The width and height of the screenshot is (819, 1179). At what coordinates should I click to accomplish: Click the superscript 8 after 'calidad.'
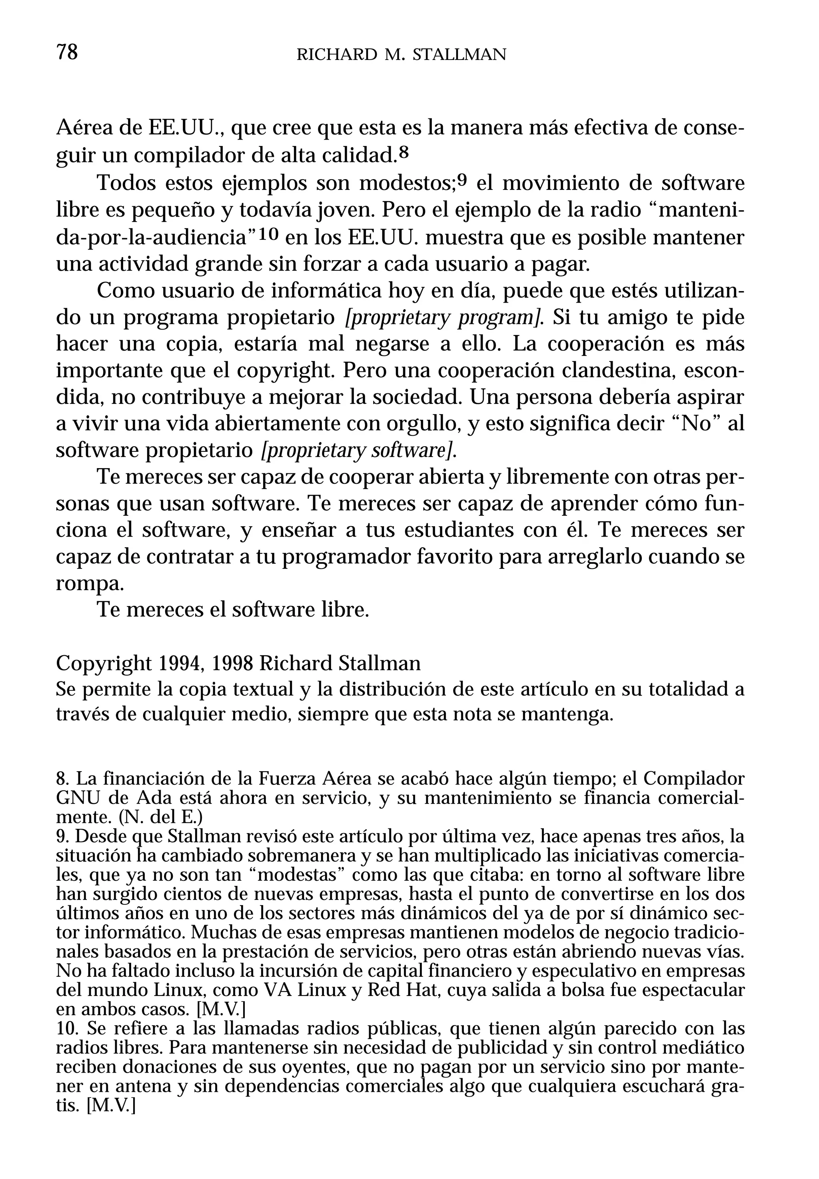pyautogui.click(x=404, y=152)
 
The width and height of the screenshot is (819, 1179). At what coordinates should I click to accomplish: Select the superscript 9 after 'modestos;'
pyautogui.click(x=462, y=180)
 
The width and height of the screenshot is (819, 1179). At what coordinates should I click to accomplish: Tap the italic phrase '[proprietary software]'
pyautogui.click(x=359, y=451)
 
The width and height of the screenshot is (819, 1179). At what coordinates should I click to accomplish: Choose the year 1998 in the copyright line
pyautogui.click(x=232, y=663)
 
